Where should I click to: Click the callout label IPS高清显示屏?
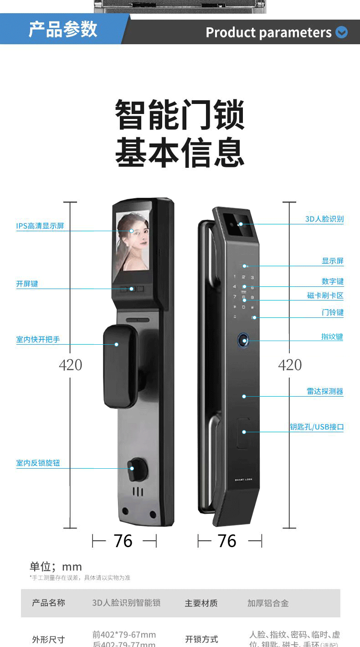click(x=40, y=226)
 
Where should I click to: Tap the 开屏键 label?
click(x=27, y=284)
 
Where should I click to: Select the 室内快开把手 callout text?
click(x=38, y=339)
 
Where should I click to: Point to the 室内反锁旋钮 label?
click(x=38, y=463)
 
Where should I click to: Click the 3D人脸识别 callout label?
click(x=324, y=219)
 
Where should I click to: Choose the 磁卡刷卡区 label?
click(x=325, y=295)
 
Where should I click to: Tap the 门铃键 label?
click(x=332, y=312)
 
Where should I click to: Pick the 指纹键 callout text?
click(x=332, y=336)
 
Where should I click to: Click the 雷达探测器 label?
click(x=324, y=391)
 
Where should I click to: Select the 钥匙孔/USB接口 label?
click(x=317, y=427)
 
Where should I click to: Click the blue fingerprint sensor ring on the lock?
click(x=244, y=341)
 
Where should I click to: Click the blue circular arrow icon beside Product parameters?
click(x=341, y=32)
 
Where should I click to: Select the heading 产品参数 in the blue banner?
click(x=63, y=29)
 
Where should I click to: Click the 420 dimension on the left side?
click(x=71, y=365)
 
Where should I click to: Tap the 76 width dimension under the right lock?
click(x=227, y=541)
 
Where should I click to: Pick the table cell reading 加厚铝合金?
click(x=268, y=603)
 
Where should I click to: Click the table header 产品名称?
click(x=48, y=603)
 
